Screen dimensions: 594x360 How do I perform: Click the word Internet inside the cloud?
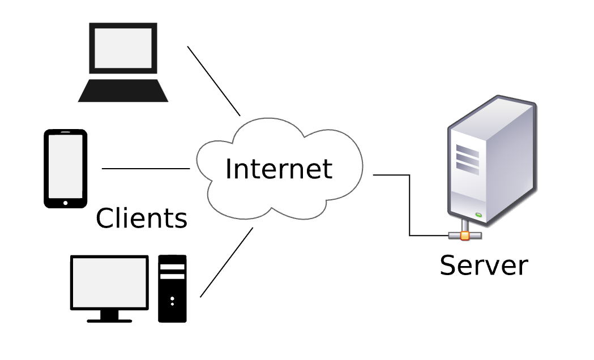point(279,169)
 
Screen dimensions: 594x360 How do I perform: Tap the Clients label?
point(142,218)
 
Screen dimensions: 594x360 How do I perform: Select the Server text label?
point(484,265)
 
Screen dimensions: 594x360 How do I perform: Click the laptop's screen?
point(123,48)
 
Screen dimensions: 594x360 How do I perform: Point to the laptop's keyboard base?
point(123,91)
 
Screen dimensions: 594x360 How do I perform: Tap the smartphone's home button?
point(66,203)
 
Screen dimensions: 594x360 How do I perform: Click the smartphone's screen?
point(66,166)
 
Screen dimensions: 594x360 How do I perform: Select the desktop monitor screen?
point(109,282)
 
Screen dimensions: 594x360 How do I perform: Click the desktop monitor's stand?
point(109,316)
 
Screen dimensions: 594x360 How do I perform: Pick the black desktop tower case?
point(172,289)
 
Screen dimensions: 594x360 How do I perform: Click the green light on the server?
point(478,215)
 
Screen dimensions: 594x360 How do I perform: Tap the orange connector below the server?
point(465,236)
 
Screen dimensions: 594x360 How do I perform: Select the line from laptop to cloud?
point(213,81)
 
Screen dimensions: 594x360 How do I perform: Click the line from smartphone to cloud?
point(146,169)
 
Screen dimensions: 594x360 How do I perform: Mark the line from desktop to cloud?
point(227,262)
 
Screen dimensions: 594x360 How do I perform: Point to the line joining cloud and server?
point(409,205)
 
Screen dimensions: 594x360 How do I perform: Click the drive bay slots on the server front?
point(468,160)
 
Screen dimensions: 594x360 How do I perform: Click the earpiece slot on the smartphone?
point(66,132)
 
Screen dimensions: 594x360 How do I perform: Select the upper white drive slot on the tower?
point(172,267)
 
